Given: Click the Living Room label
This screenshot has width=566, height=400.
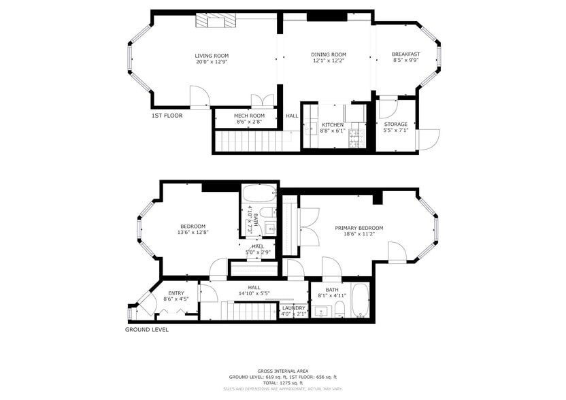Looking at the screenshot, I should coord(212,56).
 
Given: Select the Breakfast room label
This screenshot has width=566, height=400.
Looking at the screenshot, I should coord(405,54).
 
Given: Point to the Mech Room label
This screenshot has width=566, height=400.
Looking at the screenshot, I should coord(249,116).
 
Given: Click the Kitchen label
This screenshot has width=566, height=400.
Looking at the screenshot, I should coord(332,124).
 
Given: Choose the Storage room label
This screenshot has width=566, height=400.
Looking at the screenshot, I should coord(395,124).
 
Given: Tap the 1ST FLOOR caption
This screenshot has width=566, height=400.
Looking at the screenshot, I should coord(167,116).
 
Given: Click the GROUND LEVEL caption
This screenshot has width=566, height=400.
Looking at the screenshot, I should coord(146,330).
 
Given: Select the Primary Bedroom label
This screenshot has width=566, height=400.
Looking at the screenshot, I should coord(359,228).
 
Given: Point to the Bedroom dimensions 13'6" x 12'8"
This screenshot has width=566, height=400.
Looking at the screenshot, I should coord(193,233).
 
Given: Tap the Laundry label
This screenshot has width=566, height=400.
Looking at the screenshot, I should coord(293,308).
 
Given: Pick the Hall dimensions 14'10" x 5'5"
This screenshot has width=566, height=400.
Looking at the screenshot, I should coord(254,294).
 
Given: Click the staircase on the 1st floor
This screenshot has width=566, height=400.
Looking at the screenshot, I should coord(248,141).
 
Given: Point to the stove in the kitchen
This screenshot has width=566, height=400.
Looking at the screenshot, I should coord(355,139).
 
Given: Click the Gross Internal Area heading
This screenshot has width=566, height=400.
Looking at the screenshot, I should coord(283,371).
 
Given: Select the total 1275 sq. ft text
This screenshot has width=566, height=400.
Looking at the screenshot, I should coord(283,383).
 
